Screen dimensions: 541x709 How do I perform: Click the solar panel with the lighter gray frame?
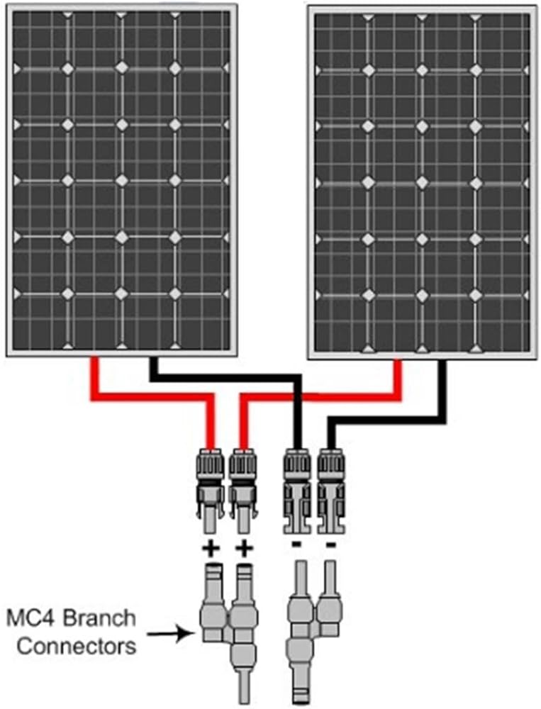point(122,177)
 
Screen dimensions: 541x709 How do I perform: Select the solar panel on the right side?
point(422,181)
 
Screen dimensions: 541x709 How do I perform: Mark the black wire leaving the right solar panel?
point(443,397)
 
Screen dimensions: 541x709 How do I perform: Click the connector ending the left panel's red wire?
point(211,489)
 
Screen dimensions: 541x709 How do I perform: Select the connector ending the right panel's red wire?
point(243,489)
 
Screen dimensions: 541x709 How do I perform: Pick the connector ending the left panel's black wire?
point(296,489)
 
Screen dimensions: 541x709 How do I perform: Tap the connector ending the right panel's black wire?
point(330,489)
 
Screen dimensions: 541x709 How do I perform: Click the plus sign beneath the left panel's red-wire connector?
point(211,549)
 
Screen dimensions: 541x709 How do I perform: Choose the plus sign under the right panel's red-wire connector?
point(245,549)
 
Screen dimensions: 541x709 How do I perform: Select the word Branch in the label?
point(101,618)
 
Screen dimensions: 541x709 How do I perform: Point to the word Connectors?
point(76,646)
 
